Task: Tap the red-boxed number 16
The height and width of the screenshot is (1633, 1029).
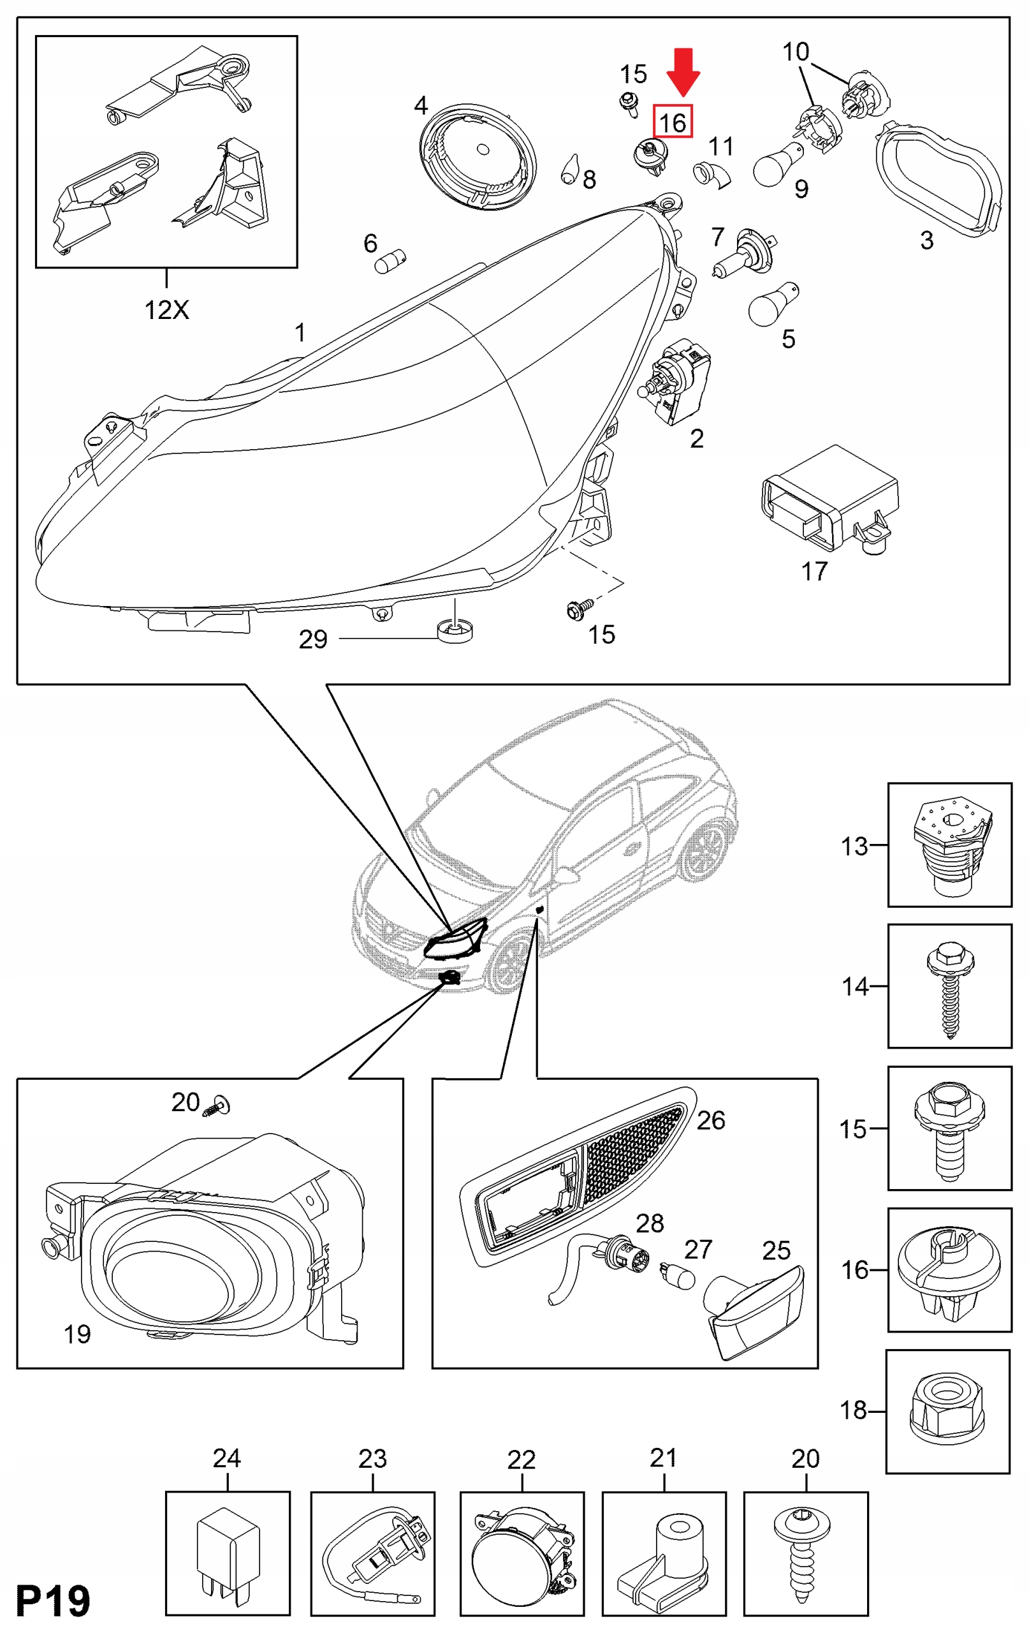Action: [673, 122]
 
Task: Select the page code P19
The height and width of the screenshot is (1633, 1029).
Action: [53, 1601]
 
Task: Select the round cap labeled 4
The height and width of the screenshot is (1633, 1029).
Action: [478, 157]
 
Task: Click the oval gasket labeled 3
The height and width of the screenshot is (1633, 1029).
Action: [939, 179]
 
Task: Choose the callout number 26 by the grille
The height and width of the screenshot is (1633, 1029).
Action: [710, 1120]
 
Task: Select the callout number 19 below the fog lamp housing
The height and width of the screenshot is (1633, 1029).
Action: [77, 1334]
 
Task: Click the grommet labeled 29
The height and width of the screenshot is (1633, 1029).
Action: [455, 632]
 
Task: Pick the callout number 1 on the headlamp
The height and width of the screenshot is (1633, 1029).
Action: [300, 332]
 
